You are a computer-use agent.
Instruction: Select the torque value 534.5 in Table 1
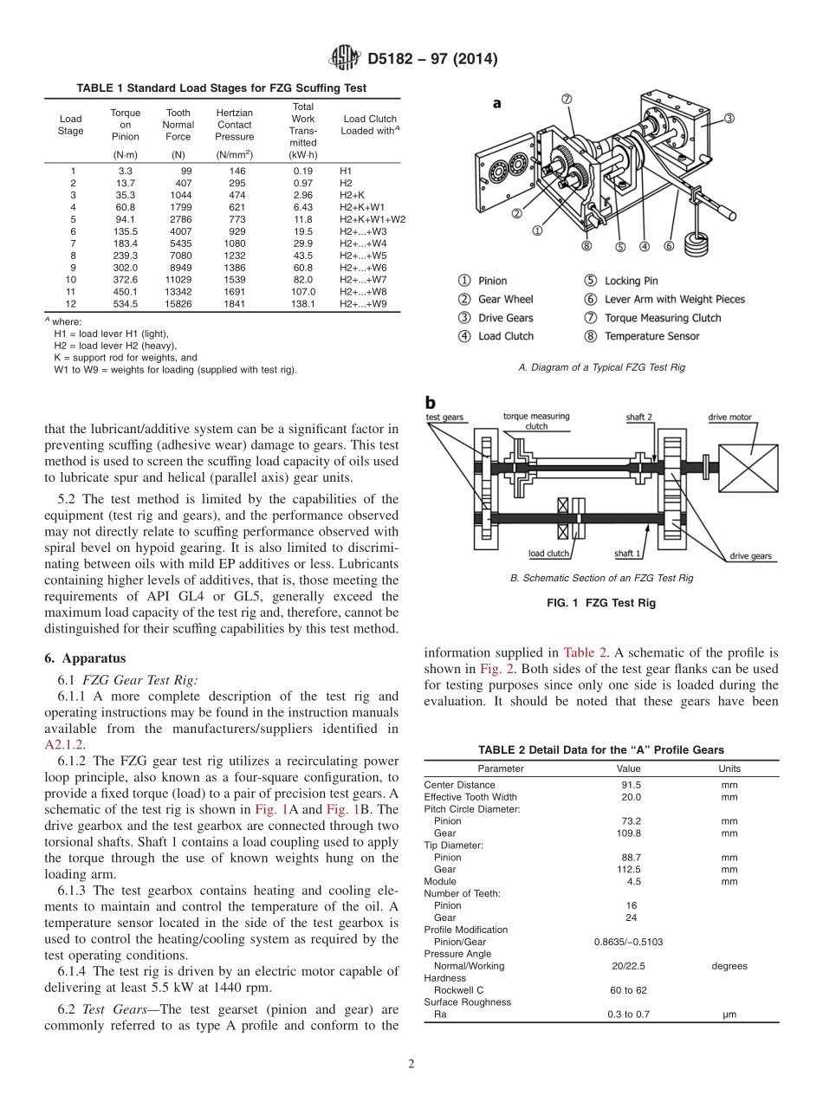(126, 304)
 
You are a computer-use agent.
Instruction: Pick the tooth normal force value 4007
(179, 231)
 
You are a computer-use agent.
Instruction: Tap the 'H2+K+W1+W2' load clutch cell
(373, 219)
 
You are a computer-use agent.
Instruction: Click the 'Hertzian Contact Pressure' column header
(234, 125)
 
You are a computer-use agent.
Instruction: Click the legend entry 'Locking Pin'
(631, 281)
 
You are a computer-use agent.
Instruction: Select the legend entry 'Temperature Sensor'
(651, 336)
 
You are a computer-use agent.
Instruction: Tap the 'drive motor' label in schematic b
(729, 417)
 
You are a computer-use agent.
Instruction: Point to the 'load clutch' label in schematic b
(548, 554)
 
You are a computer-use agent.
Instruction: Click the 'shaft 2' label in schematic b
(639, 417)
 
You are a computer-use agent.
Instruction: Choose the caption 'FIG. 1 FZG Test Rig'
(602, 604)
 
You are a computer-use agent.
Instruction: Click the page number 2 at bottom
(411, 1065)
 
